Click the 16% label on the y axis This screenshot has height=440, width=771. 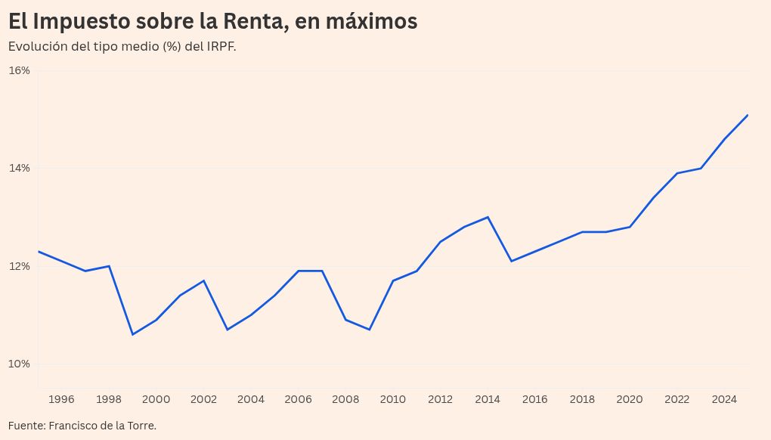tap(19, 70)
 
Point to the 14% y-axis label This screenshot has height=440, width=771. tap(19, 168)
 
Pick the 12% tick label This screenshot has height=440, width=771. tap(19, 266)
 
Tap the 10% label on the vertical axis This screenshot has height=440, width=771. tap(19, 364)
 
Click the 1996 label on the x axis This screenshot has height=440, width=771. tap(62, 399)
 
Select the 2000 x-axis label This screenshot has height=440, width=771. tap(156, 399)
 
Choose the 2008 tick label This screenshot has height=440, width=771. tap(345, 399)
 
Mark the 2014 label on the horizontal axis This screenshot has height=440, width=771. tap(488, 399)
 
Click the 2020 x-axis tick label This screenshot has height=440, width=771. tap(630, 399)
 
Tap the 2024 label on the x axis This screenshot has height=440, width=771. tap(724, 399)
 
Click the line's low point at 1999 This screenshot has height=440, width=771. tap(133, 334)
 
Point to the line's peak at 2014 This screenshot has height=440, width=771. tap(488, 217)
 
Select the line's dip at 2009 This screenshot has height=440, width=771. tap(370, 330)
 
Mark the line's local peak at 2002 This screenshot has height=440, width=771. tap(204, 280)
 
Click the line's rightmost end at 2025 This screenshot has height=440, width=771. tap(748, 115)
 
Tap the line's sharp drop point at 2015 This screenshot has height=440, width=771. tap(512, 261)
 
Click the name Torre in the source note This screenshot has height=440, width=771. tap(141, 426)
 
